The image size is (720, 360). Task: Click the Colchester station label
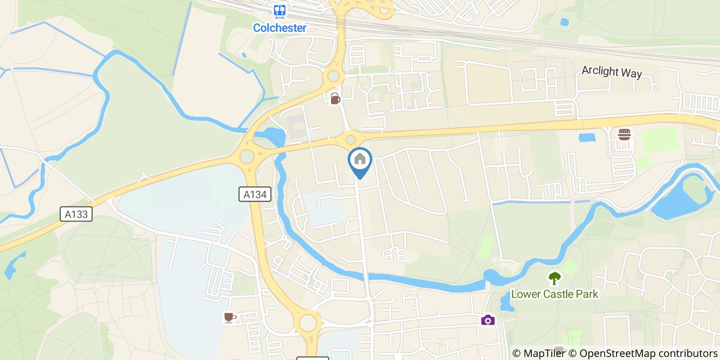coord(279,28)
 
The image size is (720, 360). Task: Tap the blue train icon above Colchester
coord(279,11)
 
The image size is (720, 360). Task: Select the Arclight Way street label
coord(611,71)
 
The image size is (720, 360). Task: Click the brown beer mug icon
coord(335,98)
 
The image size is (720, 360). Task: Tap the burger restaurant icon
coord(624,135)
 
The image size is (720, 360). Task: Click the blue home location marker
coord(360,160)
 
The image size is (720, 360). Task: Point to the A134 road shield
coord(255,194)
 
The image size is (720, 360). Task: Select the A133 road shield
coord(76,214)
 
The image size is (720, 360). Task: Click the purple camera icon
coord(488,320)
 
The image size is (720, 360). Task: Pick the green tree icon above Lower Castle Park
coord(554,278)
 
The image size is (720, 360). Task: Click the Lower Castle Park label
coord(554,294)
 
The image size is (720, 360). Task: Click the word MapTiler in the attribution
coord(544,353)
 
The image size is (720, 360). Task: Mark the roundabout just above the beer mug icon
coord(333,77)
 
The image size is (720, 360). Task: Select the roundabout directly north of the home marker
coord(351,139)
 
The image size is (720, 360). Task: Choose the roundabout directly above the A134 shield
coord(247,155)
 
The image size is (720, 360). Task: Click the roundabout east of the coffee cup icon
coord(308,323)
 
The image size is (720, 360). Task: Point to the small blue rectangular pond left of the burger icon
coord(586,137)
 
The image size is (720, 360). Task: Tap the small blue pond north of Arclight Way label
coord(565,22)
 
